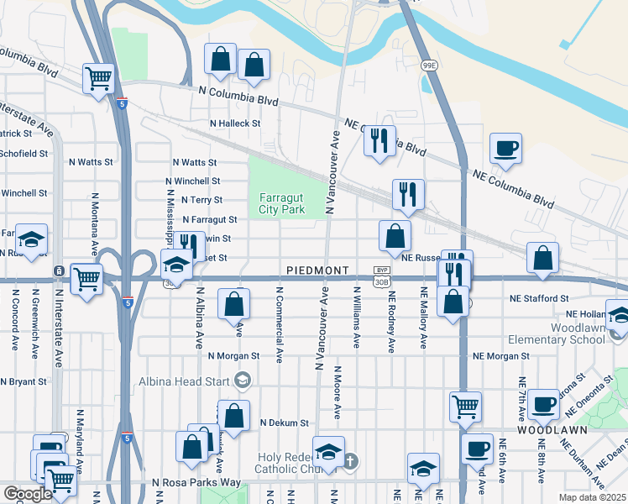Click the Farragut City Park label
pyautogui.click(x=281, y=204)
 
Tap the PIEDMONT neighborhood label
pyautogui.click(x=317, y=270)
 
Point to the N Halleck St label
pyautogui.click(x=235, y=123)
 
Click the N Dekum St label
pyautogui.click(x=285, y=423)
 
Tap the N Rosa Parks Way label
pyautogui.click(x=196, y=482)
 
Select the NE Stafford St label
pyautogui.click(x=539, y=298)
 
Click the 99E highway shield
pyautogui.click(x=429, y=65)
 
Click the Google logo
pyautogui.click(x=27, y=494)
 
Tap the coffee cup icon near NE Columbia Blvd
pyautogui.click(x=506, y=148)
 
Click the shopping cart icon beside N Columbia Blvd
pyautogui.click(x=99, y=78)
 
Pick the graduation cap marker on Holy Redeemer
pyautogui.click(x=329, y=451)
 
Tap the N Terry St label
pyautogui.click(x=206, y=200)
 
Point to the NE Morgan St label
pyautogui.click(x=501, y=356)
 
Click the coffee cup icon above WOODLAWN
pyautogui.click(x=542, y=403)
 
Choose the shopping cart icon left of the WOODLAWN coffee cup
pyautogui.click(x=466, y=407)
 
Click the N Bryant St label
pyautogui.click(x=23, y=381)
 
